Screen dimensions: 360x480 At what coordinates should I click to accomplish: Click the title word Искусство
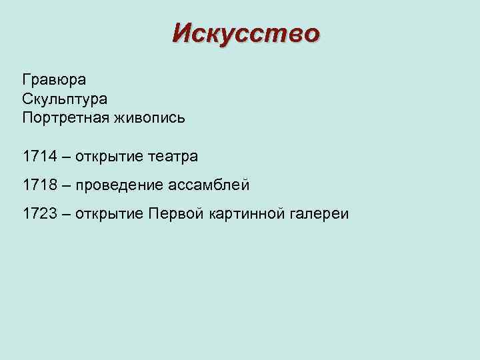click(245, 33)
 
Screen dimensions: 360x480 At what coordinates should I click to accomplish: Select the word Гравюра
click(54, 80)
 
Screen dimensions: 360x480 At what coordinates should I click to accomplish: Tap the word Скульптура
click(65, 99)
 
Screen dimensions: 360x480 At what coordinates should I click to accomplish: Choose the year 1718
click(39, 185)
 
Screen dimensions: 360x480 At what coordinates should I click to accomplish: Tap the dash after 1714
click(65, 157)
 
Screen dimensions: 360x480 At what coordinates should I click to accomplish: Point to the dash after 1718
click(65, 185)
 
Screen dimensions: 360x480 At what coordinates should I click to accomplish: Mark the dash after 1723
click(65, 214)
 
